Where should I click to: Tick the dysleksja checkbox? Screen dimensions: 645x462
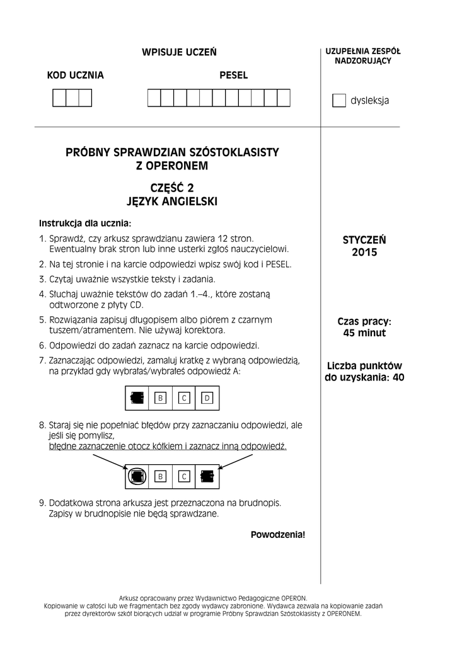[x=339, y=101]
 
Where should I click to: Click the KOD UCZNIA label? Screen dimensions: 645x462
[x=76, y=76]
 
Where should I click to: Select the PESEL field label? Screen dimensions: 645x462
[x=233, y=76]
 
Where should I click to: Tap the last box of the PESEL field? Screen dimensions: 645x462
[x=284, y=98]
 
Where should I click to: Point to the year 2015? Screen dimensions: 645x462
[x=364, y=253]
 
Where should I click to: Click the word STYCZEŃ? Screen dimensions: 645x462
[x=364, y=240]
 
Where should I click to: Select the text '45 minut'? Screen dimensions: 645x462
[x=364, y=333]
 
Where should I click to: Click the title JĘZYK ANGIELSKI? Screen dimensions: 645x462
[x=172, y=202]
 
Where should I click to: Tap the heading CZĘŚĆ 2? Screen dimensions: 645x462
[x=172, y=188]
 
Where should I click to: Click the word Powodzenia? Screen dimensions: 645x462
[x=277, y=535]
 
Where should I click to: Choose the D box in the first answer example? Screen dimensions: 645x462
[x=207, y=398]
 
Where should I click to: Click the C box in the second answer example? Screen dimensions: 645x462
[x=183, y=477]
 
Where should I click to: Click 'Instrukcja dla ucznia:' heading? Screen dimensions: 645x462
[x=86, y=223]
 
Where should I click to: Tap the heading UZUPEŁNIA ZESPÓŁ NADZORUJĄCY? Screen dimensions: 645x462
[x=363, y=56]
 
